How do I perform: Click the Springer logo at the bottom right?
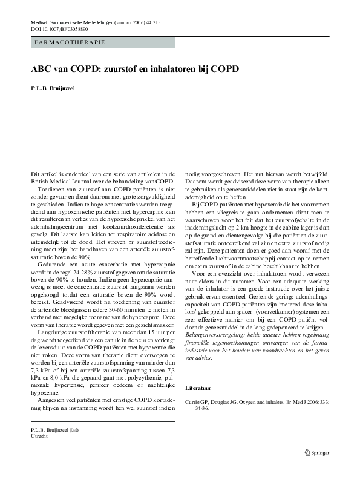point(319,451)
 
